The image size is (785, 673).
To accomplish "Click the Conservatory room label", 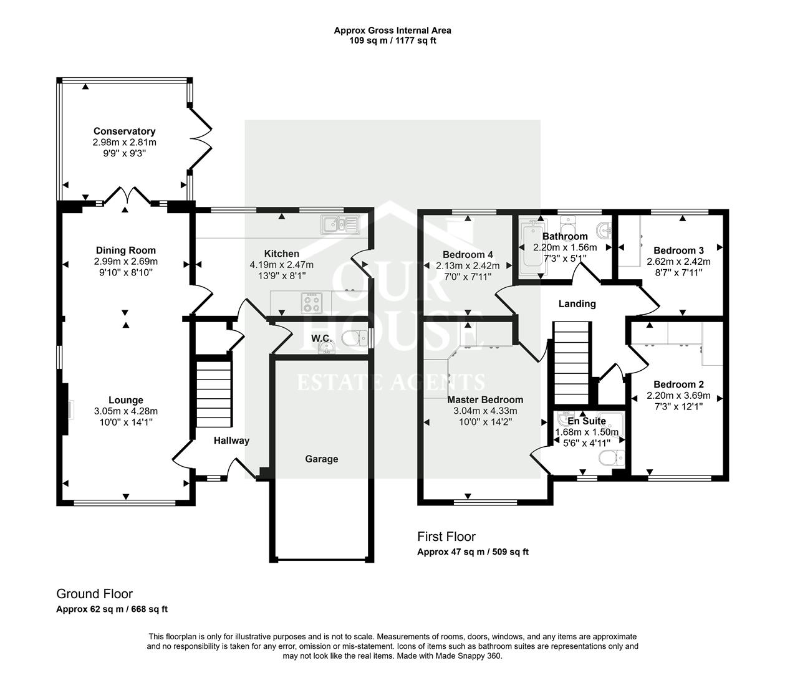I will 124,131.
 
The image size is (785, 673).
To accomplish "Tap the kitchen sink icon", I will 340,224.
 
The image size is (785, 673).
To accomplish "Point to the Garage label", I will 321,459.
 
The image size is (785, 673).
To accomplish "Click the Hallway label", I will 231,441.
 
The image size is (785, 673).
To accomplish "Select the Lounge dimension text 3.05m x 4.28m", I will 126,411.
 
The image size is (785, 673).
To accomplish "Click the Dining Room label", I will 126,251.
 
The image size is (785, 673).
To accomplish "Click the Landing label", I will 577,304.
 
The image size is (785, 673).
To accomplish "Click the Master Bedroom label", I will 485,399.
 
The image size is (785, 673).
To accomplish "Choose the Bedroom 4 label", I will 468,254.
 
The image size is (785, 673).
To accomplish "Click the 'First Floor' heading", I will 446,537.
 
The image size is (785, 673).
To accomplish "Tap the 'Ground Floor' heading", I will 94,594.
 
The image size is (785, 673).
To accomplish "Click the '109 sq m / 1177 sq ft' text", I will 392,41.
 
